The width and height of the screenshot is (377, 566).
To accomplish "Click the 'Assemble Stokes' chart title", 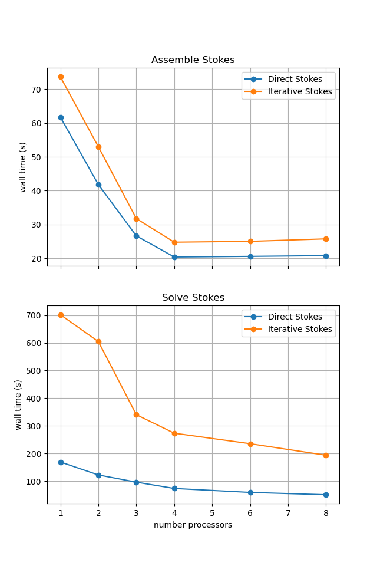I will pyautogui.click(x=193, y=60).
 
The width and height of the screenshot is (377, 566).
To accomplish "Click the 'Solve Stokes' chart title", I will pyautogui.click(x=193, y=298).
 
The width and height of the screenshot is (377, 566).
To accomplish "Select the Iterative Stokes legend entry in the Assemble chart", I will pyautogui.click(x=299, y=91).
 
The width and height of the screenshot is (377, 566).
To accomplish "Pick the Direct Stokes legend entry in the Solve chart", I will pyautogui.click(x=295, y=317).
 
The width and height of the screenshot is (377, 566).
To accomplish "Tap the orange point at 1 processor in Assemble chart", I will pyautogui.click(x=61, y=77).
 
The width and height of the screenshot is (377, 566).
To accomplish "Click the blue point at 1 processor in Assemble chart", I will pyautogui.click(x=61, y=117).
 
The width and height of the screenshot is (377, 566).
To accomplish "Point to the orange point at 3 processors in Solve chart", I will pyautogui.click(x=136, y=414).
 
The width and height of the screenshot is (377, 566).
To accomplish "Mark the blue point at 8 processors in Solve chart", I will pyautogui.click(x=326, y=495).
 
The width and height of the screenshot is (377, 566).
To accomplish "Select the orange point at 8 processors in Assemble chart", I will pyautogui.click(x=326, y=239).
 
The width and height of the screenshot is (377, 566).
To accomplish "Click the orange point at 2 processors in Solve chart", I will pyautogui.click(x=98, y=341).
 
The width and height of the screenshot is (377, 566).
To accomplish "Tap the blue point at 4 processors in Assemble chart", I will pyautogui.click(x=174, y=257).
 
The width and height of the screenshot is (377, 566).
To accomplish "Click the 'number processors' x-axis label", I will pyautogui.click(x=193, y=525).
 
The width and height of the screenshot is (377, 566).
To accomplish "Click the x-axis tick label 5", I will pyautogui.click(x=212, y=513).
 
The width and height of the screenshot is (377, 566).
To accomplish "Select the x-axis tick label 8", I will pyautogui.click(x=326, y=513).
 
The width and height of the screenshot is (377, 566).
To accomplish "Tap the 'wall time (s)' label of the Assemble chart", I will pyautogui.click(x=23, y=167).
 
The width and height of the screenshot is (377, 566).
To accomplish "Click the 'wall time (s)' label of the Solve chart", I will pyautogui.click(x=18, y=404).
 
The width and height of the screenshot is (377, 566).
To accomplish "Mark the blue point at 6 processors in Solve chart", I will pyautogui.click(x=250, y=492).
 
